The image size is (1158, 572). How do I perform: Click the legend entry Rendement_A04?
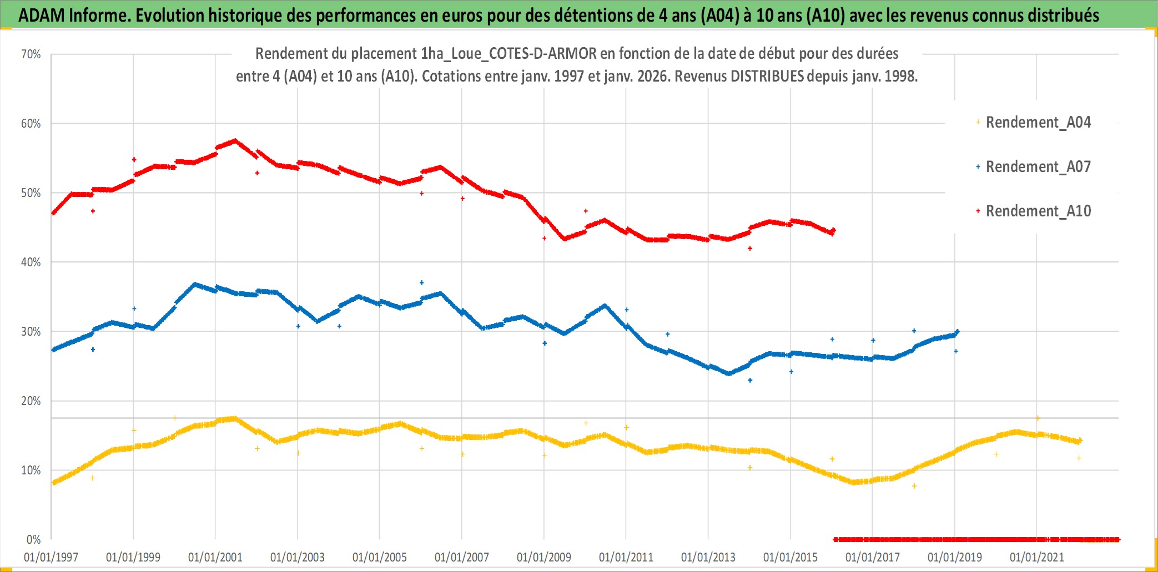pyautogui.click(x=1038, y=122)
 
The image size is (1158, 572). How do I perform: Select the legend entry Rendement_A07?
pyautogui.click(x=1038, y=166)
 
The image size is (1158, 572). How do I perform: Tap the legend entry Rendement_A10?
pyautogui.click(x=1038, y=211)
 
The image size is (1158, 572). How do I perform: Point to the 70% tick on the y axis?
pyautogui.click(x=31, y=54)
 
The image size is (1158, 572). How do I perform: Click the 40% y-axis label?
pyautogui.click(x=31, y=262)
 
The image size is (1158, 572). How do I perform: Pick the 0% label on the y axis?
pyautogui.click(x=33, y=539)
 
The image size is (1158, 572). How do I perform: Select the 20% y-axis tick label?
pyautogui.click(x=31, y=401)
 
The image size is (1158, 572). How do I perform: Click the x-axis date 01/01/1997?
pyautogui.click(x=51, y=557)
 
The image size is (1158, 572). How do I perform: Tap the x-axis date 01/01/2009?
pyautogui.click(x=544, y=557)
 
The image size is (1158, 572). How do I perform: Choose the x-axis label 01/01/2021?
pyautogui.click(x=1037, y=557)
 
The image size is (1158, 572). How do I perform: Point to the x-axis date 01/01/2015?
pyautogui.click(x=791, y=557)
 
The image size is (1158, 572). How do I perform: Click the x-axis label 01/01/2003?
pyautogui.click(x=298, y=557)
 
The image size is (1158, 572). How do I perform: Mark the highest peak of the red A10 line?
pyautogui.click(x=235, y=140)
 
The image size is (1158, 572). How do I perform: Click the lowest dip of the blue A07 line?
pyautogui.click(x=729, y=373)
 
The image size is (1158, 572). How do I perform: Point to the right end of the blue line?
pyautogui.click(x=958, y=332)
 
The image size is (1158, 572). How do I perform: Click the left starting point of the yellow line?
pyautogui.click(x=53, y=483)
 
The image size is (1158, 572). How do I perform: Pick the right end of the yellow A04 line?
pyautogui.click(x=1080, y=441)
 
